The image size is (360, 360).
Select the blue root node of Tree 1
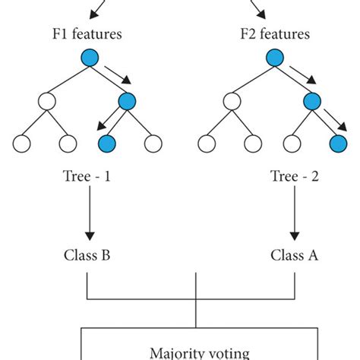click(x=90, y=60)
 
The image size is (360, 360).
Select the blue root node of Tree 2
click(x=274, y=60)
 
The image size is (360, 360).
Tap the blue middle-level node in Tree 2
click(x=311, y=101)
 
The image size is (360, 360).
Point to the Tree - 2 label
click(x=294, y=176)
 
